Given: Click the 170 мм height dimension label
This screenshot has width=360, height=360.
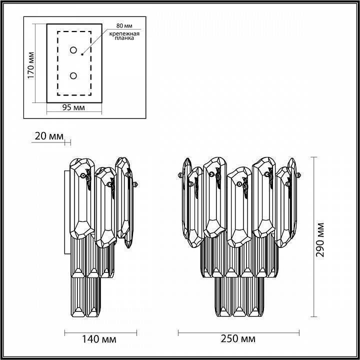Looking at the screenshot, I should click(x=30, y=65).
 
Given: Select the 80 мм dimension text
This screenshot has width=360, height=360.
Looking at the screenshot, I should click(x=124, y=24).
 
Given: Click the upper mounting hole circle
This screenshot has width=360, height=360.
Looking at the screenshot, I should click(x=73, y=50).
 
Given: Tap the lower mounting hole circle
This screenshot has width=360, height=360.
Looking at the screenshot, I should click(x=73, y=75).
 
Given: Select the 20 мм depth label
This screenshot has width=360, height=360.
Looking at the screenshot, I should click(x=49, y=136).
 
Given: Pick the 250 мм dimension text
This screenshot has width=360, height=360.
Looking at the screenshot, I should click(x=238, y=339).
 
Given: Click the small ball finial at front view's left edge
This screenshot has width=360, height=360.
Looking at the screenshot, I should click(x=179, y=175).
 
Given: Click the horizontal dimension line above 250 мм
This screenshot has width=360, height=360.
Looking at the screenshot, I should click(x=238, y=331).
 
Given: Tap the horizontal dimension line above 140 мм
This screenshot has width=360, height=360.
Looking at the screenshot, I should click(x=100, y=331).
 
